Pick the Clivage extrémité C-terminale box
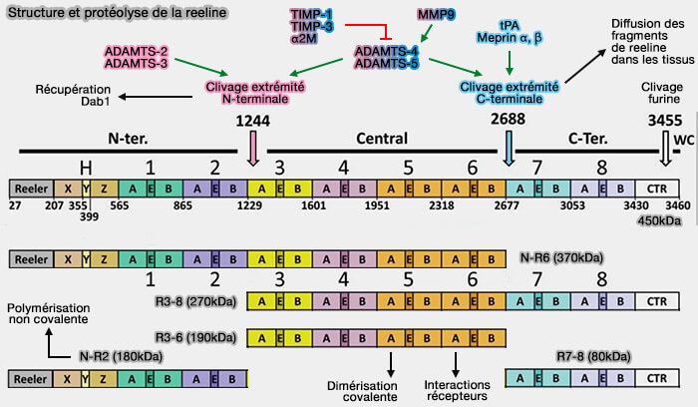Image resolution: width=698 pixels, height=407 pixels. click(x=510, y=94)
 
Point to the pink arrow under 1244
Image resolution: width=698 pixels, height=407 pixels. click(x=253, y=149)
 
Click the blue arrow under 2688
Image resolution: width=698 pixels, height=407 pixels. click(x=511, y=149)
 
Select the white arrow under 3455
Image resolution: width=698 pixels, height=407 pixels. click(x=667, y=149)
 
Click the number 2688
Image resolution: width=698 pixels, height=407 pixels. click(x=509, y=121)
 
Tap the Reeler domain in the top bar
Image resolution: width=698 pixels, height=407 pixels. click(x=31, y=187)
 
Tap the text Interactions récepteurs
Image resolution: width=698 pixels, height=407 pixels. click(x=457, y=390)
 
